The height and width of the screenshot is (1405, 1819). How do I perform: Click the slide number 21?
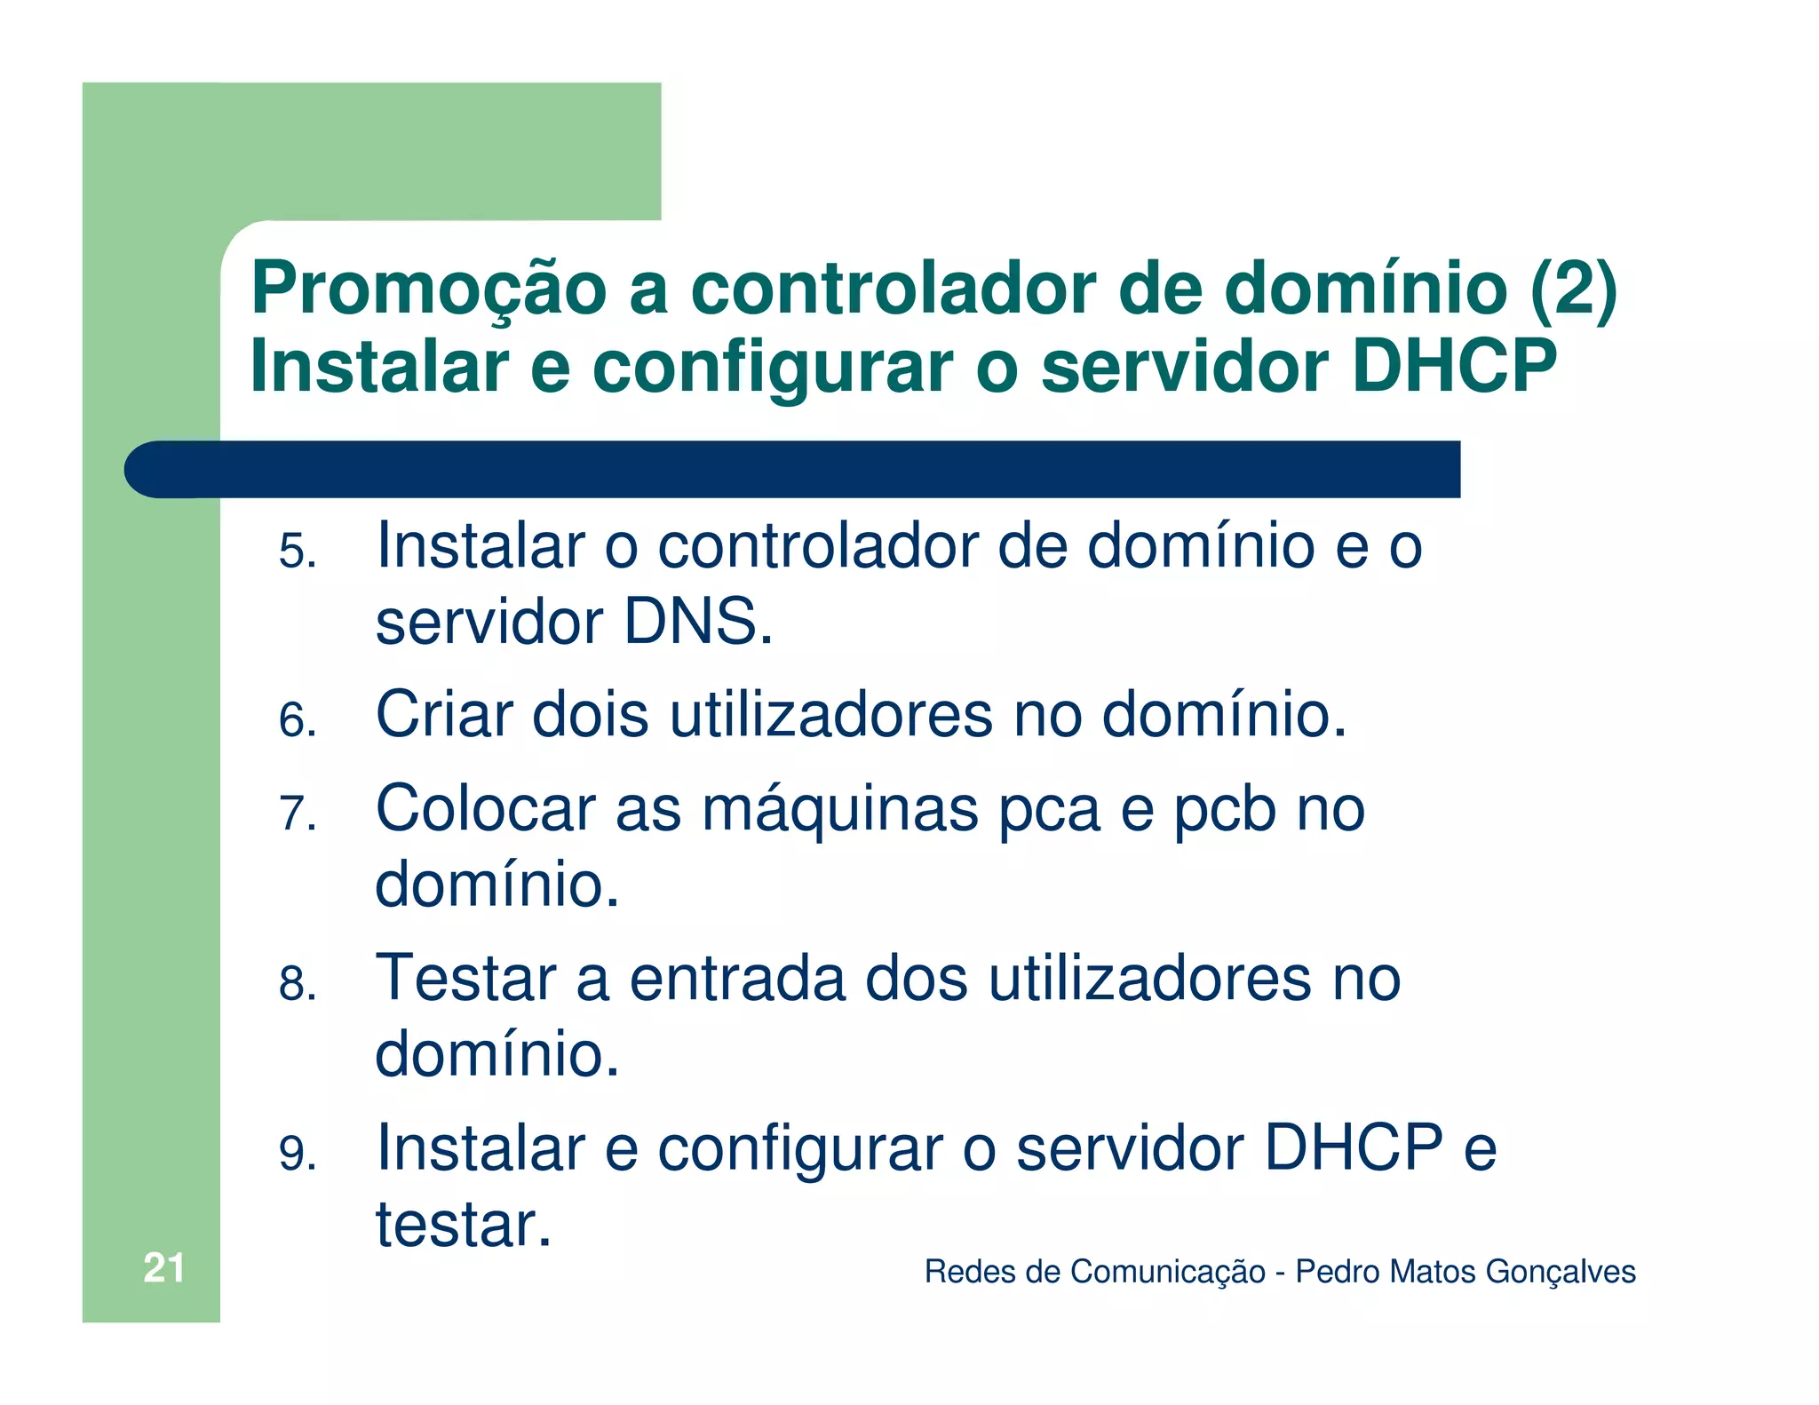click(163, 1267)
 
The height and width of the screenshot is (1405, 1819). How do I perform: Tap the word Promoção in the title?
click(429, 290)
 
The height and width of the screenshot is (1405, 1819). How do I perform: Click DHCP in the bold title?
click(1454, 366)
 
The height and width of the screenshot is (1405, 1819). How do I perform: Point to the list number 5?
click(298, 551)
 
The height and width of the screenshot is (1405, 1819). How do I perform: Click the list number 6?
click(298, 719)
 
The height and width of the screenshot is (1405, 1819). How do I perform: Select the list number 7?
click(298, 814)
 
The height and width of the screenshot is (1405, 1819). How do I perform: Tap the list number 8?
click(298, 984)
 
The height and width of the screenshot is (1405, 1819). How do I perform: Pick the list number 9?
click(298, 1154)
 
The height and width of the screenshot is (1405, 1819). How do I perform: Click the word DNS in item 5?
click(697, 622)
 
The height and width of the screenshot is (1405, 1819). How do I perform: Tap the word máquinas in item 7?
click(839, 810)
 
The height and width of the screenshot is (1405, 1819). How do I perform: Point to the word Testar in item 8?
click(465, 979)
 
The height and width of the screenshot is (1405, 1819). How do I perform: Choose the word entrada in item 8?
click(737, 979)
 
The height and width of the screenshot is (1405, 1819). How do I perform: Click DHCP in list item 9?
click(1353, 1147)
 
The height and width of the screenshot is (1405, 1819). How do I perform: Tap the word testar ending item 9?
click(463, 1226)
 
